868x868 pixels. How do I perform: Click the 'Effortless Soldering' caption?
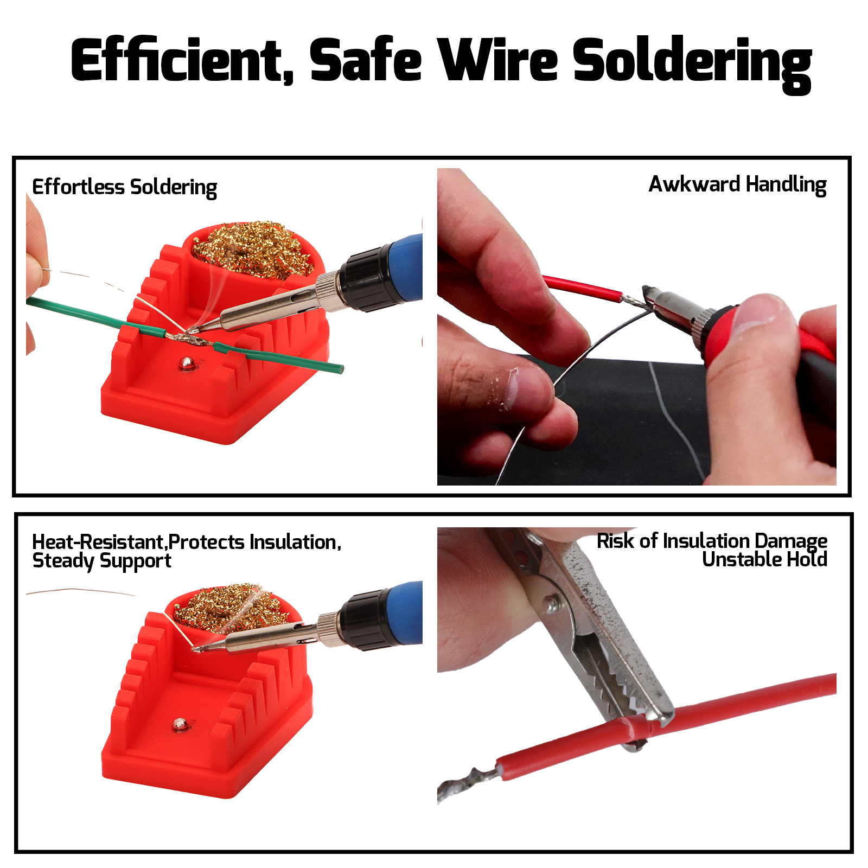pos(125,187)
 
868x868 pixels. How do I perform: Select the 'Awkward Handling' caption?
pos(738,185)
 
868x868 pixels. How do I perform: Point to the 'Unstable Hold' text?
pos(765,559)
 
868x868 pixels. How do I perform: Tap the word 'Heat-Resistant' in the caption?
pos(98,542)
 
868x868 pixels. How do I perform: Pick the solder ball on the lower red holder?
pos(180,724)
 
